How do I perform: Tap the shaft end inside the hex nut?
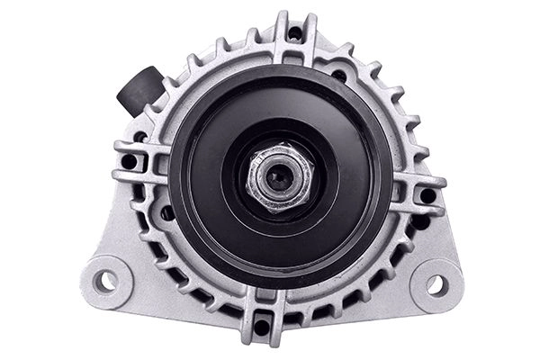(277, 176)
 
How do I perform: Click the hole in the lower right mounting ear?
(436, 285)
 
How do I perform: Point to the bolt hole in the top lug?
(294, 34)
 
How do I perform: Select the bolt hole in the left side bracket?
(130, 162)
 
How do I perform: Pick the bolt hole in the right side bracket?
(427, 194)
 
